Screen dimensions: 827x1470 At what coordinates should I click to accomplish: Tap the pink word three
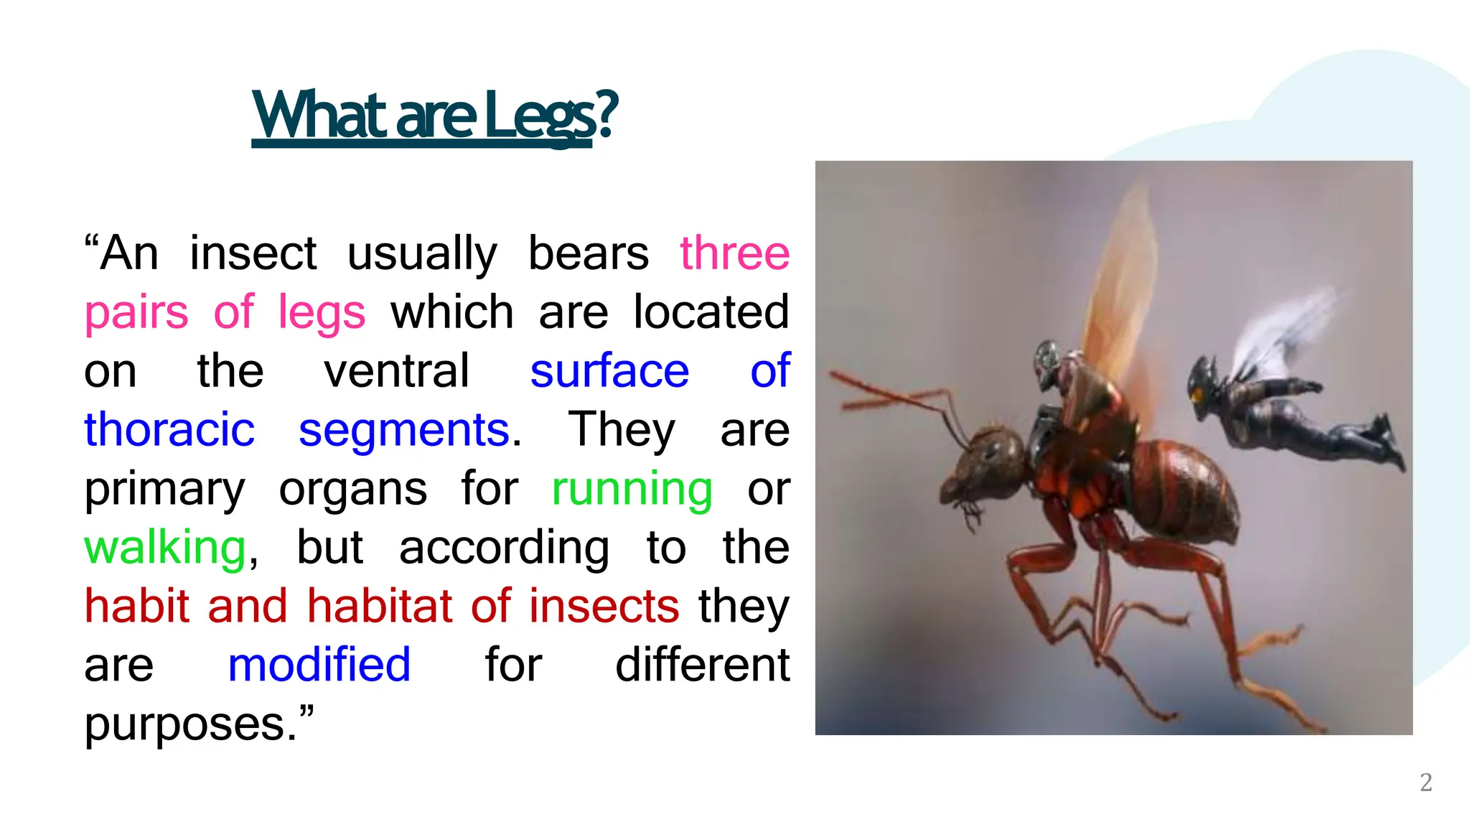point(734,254)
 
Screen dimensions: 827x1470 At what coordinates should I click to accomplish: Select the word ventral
point(396,372)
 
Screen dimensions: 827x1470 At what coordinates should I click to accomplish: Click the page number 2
point(1425,782)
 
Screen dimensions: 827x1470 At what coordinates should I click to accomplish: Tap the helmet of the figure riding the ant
point(1047,359)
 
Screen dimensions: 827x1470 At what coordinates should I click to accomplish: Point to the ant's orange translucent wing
point(1120,287)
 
